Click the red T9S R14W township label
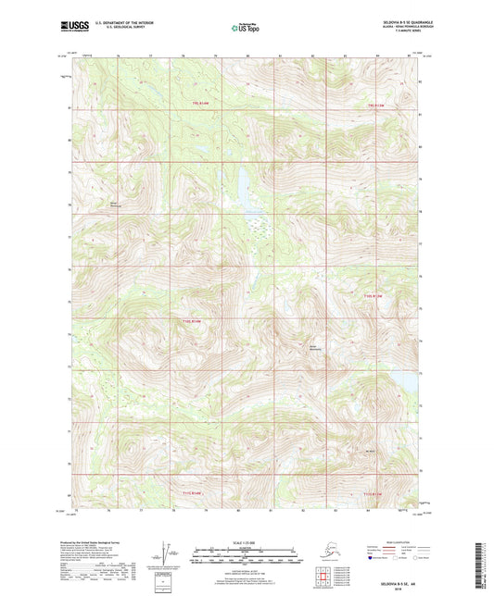click(x=201, y=103)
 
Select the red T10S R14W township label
click(x=192, y=321)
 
